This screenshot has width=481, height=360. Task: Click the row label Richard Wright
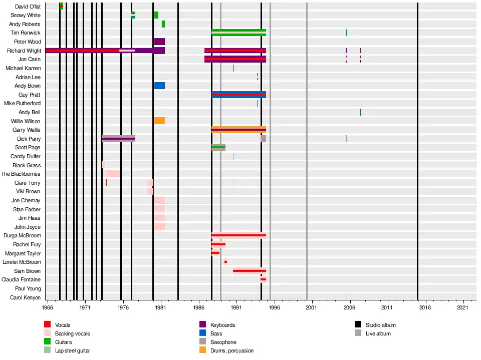point(24,51)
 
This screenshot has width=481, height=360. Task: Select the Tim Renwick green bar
point(238,33)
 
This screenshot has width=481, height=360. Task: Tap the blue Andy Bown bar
point(159,86)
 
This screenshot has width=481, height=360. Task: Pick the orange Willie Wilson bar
point(159,121)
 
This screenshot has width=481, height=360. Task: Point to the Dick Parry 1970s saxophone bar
point(118,139)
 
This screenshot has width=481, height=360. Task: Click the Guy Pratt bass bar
point(238,95)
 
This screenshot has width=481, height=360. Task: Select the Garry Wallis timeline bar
point(238,130)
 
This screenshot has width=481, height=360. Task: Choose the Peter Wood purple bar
point(159,42)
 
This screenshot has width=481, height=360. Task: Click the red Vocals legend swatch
point(48,325)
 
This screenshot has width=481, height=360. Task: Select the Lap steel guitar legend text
point(73,350)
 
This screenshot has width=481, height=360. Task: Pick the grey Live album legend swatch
point(358,333)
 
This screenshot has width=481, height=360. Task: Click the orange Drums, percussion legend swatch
point(203,350)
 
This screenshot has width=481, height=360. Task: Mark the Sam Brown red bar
point(249,271)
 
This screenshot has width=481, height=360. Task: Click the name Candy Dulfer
point(26,156)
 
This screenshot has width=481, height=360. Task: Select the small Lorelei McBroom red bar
point(225,262)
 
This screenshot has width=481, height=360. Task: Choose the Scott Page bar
point(218,147)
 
